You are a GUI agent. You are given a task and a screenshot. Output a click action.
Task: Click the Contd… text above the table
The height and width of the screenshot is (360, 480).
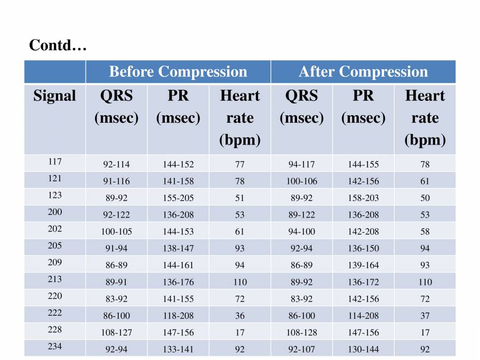pyautogui.click(x=58, y=46)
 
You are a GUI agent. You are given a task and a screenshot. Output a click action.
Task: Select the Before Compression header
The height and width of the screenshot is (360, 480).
pyautogui.click(x=178, y=72)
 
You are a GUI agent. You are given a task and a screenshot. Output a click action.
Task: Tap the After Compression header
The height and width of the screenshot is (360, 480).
pyautogui.click(x=363, y=72)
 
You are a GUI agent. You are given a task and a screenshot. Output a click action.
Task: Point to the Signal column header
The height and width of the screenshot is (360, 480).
pyautogui.click(x=54, y=96)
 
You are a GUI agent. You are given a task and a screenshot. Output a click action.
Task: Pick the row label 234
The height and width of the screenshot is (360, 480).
pyautogui.click(x=54, y=346)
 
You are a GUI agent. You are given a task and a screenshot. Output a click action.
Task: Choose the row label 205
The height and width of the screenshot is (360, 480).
pyautogui.click(x=54, y=245)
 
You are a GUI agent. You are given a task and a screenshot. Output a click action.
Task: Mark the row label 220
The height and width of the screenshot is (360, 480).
pyautogui.click(x=54, y=295)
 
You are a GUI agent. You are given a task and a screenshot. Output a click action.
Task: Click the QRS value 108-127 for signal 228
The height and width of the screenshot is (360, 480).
pyautogui.click(x=116, y=332)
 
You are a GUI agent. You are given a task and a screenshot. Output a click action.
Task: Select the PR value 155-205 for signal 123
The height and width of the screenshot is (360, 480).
pyautogui.click(x=178, y=198)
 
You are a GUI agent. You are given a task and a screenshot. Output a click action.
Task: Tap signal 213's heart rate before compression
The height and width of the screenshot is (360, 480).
pyautogui.click(x=240, y=282)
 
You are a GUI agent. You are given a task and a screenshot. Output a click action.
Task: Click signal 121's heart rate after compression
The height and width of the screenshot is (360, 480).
pyautogui.click(x=425, y=181)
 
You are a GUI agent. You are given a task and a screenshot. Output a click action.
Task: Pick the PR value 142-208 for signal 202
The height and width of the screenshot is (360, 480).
pyautogui.click(x=363, y=231)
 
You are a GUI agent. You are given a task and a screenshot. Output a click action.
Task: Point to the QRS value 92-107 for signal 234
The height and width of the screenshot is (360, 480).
pyautogui.click(x=301, y=349)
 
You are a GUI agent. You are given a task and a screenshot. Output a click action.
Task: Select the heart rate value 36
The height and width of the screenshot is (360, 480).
pyautogui.click(x=240, y=316)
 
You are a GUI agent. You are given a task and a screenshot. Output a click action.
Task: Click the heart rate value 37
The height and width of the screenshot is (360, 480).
pyautogui.click(x=425, y=316)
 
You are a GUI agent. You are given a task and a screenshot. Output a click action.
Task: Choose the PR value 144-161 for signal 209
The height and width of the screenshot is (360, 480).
pyautogui.click(x=178, y=265)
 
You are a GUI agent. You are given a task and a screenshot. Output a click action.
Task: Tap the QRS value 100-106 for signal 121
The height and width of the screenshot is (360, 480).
pyautogui.click(x=301, y=181)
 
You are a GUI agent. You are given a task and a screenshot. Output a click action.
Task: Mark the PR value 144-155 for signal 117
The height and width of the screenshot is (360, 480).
pyautogui.click(x=363, y=164)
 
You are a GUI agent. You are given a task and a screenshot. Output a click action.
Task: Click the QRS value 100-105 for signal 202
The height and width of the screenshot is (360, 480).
pyautogui.click(x=116, y=231)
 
